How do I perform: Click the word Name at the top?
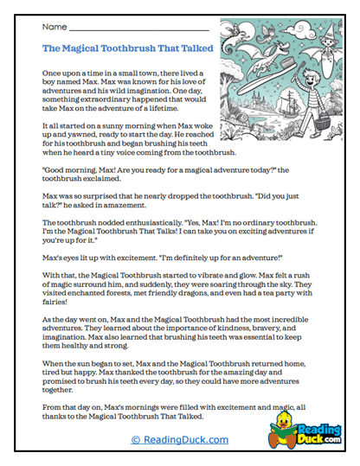coord(54,27)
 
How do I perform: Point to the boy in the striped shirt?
coord(296,108)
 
